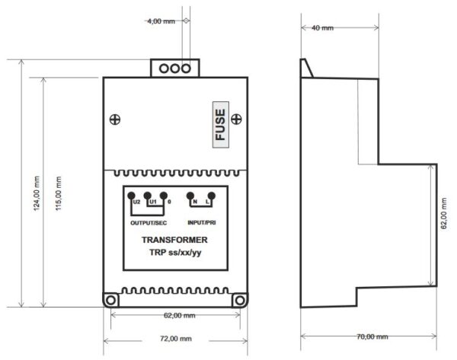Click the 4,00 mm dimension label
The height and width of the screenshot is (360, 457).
(161, 21)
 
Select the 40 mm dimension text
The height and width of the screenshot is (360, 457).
(322, 28)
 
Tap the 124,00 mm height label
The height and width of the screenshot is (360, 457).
(37, 193)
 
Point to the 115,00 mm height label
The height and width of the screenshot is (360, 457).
(59, 193)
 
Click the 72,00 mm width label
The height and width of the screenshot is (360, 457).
(176, 339)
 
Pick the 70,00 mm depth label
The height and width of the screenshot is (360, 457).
(372, 336)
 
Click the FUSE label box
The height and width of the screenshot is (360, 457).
(221, 124)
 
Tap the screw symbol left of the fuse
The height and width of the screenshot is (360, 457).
(115, 119)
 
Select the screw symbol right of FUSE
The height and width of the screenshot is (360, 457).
(236, 119)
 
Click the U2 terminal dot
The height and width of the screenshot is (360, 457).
(131, 196)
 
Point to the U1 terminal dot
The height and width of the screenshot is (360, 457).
(148, 196)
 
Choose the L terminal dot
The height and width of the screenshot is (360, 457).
(212, 196)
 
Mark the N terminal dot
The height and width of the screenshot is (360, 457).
(190, 196)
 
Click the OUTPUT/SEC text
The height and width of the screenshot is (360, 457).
(149, 223)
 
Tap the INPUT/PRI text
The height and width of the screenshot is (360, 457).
(202, 222)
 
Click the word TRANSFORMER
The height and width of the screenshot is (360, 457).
(174, 240)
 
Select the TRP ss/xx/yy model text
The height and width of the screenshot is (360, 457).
(175, 252)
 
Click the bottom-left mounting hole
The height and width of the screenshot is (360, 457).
(110, 301)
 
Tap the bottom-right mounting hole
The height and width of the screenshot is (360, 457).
(240, 301)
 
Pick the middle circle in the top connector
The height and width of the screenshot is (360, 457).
(175, 68)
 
